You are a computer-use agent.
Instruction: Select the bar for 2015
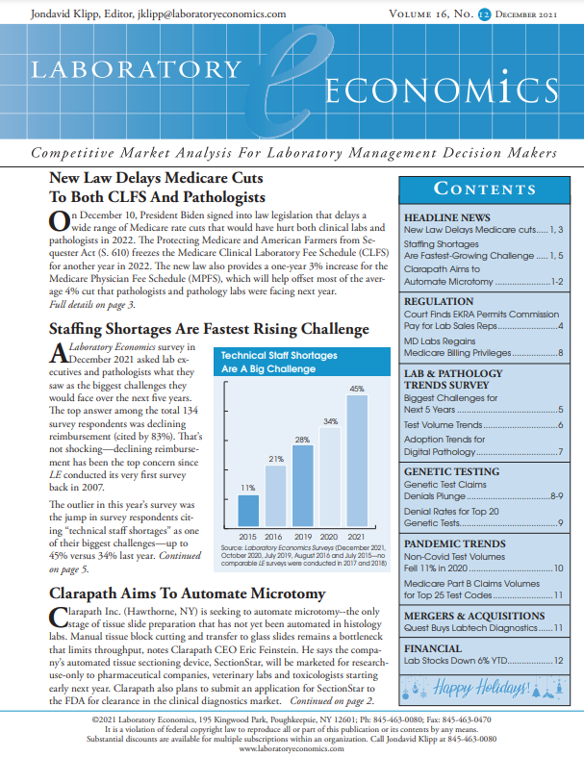click(x=248, y=511)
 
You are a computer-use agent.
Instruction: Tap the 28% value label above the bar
click(x=302, y=439)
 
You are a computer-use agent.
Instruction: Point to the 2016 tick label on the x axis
click(x=275, y=535)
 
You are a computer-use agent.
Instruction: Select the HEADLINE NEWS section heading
click(x=447, y=218)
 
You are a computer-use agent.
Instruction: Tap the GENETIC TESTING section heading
click(x=450, y=472)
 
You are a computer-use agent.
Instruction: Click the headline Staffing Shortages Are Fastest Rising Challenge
click(x=209, y=330)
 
